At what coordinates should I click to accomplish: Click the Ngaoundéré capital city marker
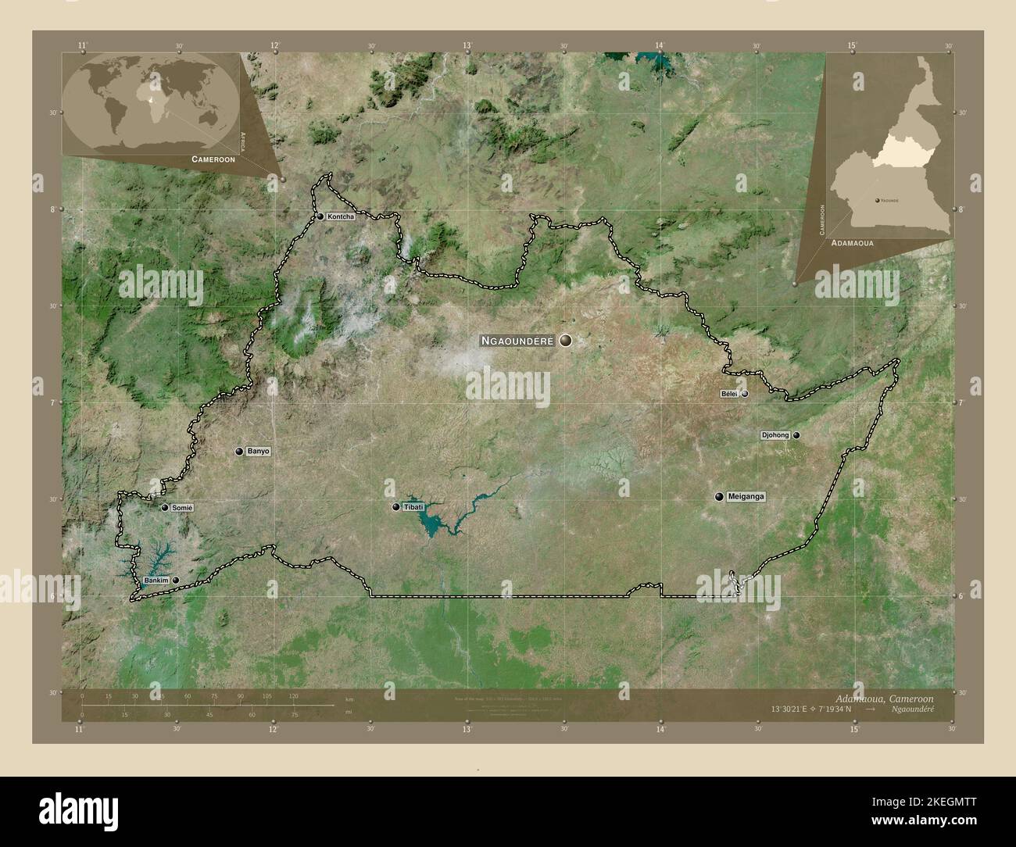tap(565, 341)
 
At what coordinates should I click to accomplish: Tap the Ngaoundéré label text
tap(517, 341)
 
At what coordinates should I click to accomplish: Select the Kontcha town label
tap(342, 216)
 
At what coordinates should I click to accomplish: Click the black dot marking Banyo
tap(239, 452)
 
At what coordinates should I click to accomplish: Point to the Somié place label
tap(182, 508)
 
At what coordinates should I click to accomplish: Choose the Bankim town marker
tap(176, 580)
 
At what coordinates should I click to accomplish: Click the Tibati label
tap(414, 508)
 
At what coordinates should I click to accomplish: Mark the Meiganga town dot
tap(718, 496)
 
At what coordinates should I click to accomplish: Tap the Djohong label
tap(775, 435)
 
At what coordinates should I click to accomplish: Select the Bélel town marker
tap(745, 394)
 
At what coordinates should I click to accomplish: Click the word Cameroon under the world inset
tap(213, 159)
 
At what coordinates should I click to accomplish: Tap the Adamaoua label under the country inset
tap(853, 244)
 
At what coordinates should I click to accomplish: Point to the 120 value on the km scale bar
tap(294, 695)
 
